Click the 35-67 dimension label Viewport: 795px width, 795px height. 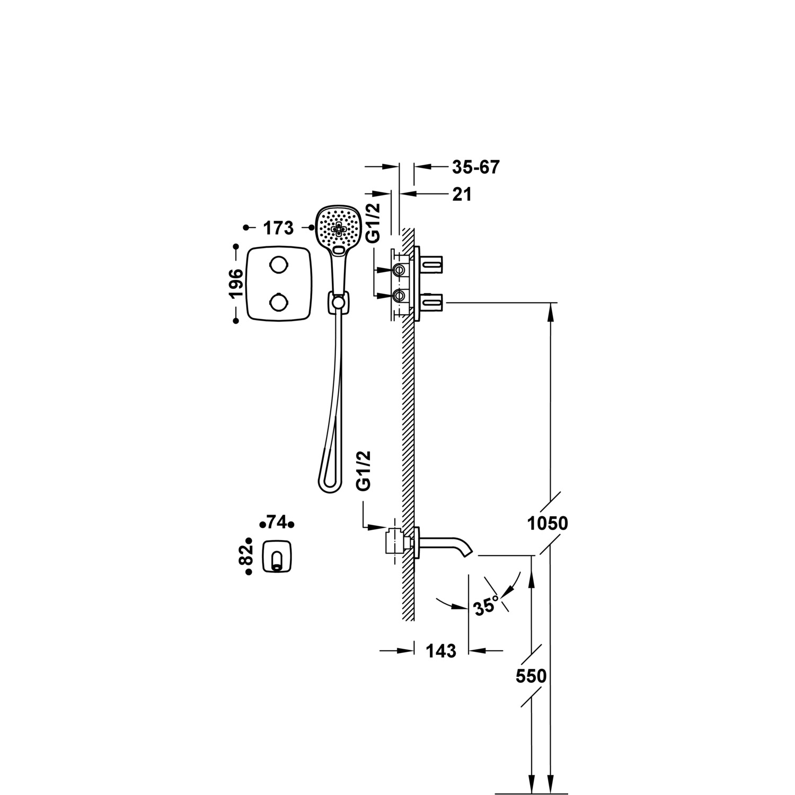click(475, 167)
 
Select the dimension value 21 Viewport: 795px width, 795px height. click(462, 195)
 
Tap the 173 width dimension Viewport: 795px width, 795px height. click(278, 228)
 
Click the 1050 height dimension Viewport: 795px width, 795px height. click(547, 524)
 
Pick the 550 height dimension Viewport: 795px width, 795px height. click(531, 676)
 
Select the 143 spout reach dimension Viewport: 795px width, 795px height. click(441, 650)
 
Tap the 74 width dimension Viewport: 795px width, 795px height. click(277, 523)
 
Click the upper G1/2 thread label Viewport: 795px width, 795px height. click(374, 223)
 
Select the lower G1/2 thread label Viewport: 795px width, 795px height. click(364, 471)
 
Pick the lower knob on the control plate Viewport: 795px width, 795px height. click(279, 303)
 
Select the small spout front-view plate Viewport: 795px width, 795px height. click(277, 556)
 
